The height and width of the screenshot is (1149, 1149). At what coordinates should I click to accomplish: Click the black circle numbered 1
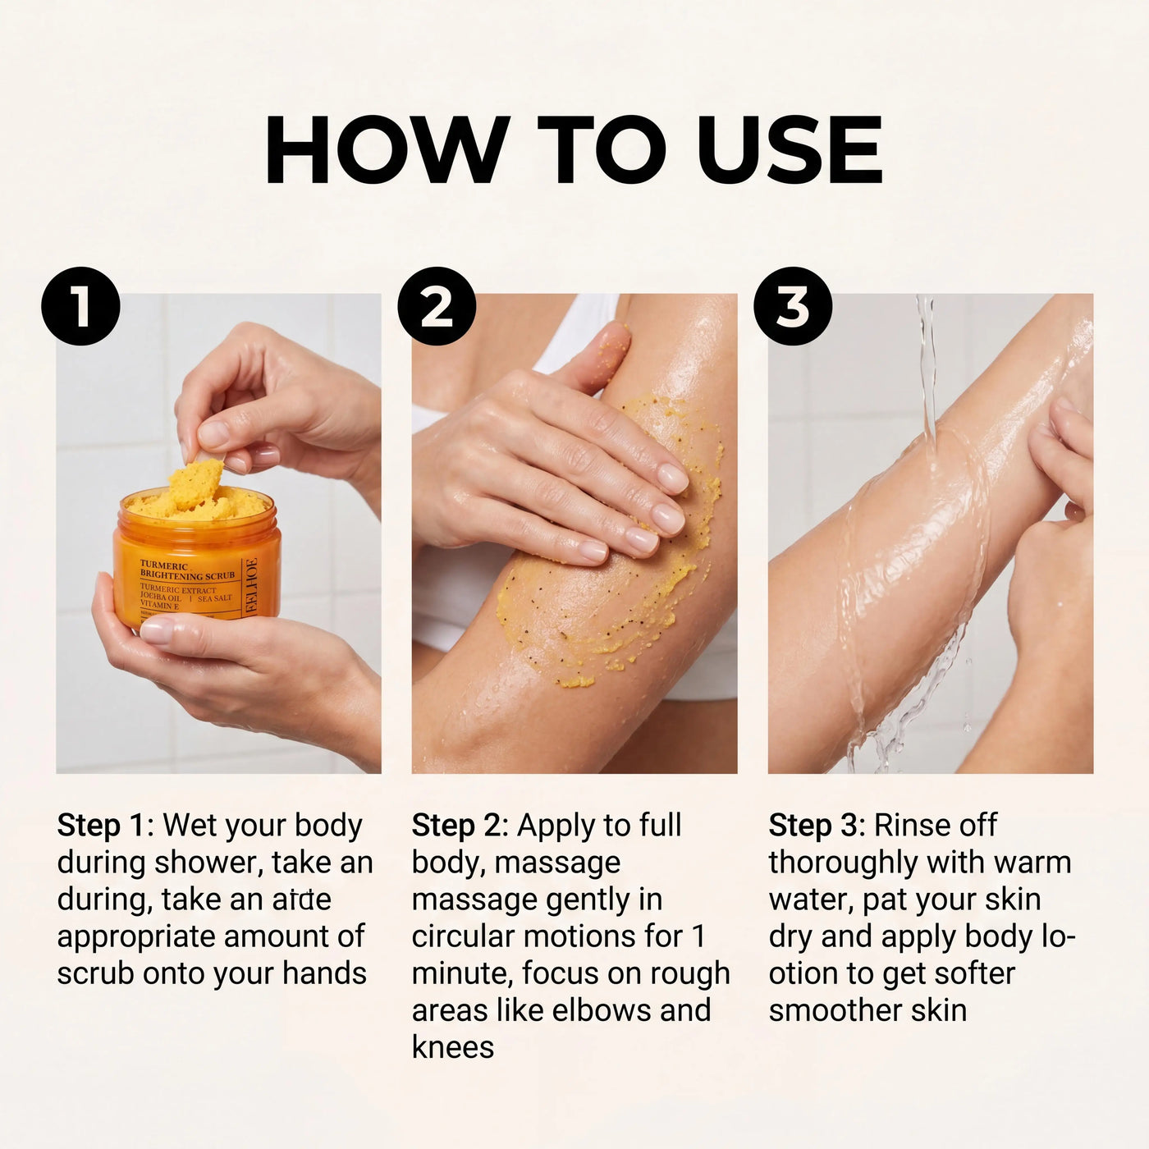pyautogui.click(x=80, y=306)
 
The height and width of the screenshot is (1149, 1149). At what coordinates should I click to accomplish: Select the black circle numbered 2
pyautogui.click(x=437, y=306)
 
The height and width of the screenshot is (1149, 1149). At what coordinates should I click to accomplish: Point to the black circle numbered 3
pyautogui.click(x=793, y=306)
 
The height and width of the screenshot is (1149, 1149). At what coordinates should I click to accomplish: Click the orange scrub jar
pyautogui.click(x=197, y=557)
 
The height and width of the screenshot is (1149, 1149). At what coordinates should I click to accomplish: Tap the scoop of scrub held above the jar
pyautogui.click(x=195, y=483)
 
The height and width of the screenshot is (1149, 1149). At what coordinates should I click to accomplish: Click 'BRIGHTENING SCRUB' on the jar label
pyautogui.click(x=187, y=575)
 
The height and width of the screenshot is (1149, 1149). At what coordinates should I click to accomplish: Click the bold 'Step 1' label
pyautogui.click(x=101, y=826)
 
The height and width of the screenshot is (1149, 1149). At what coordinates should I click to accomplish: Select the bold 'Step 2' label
pyautogui.click(x=457, y=826)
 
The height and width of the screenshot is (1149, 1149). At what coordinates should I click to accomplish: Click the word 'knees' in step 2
pyautogui.click(x=453, y=1047)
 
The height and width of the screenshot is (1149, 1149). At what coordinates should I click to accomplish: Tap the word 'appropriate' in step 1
pyautogui.click(x=136, y=937)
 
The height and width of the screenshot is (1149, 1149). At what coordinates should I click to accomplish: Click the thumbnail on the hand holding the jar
pyautogui.click(x=157, y=629)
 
